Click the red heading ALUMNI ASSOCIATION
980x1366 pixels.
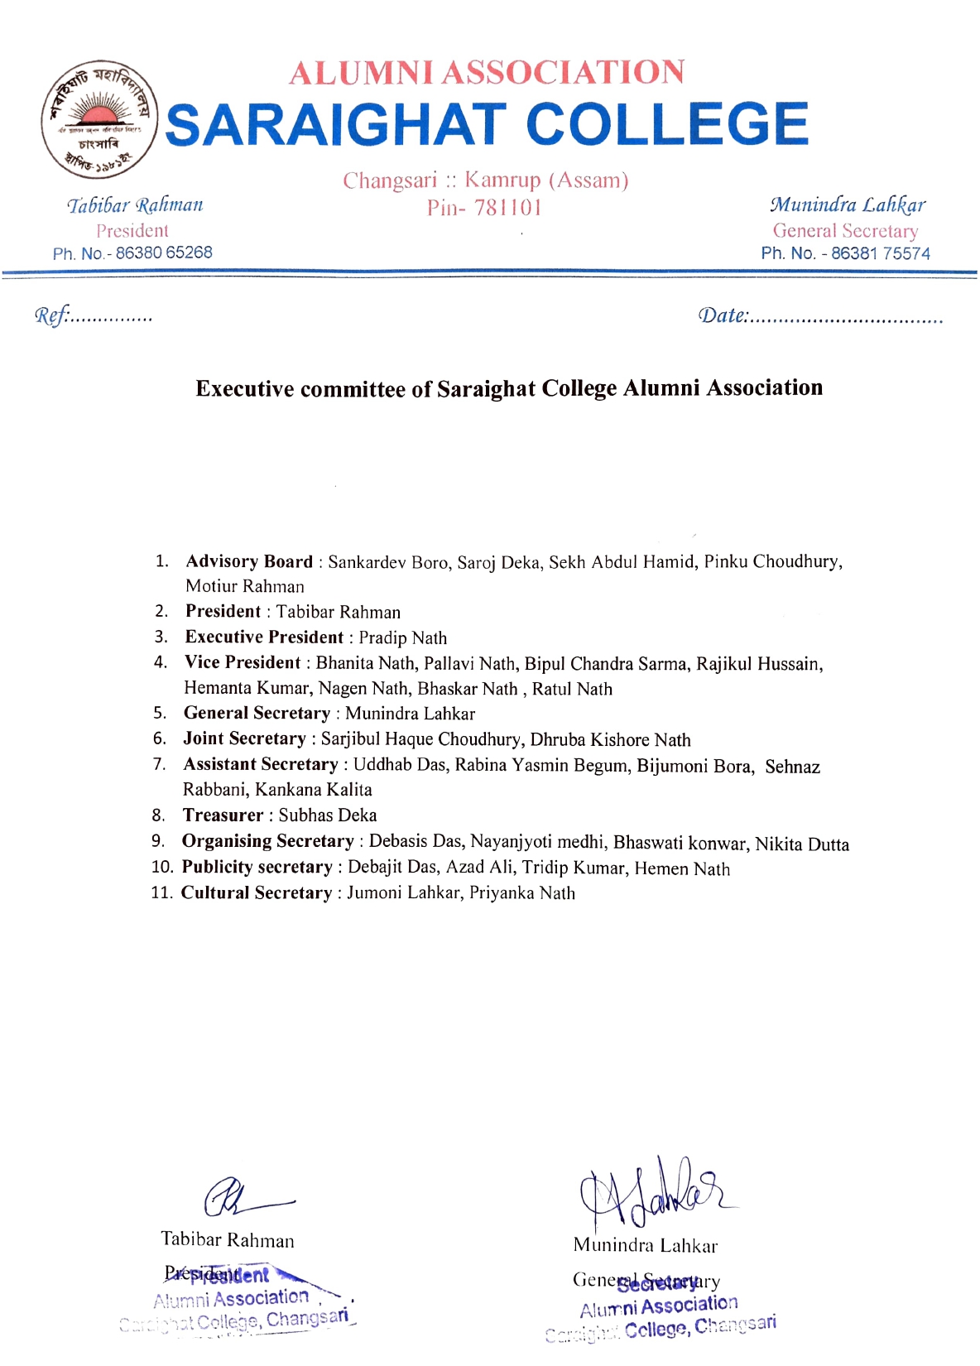(x=487, y=73)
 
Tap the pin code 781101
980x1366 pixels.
(x=507, y=208)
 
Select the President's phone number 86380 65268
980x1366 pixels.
(x=164, y=253)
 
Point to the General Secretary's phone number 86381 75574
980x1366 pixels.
(x=880, y=253)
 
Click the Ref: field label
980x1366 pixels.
(x=51, y=315)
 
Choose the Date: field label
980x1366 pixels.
(x=723, y=315)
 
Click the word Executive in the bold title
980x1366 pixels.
(x=244, y=389)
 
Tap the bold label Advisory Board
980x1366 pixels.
(x=249, y=561)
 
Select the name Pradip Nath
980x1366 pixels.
(x=402, y=637)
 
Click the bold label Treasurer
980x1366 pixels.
(x=223, y=815)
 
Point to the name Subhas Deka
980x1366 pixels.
(x=327, y=815)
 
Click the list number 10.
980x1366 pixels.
(x=161, y=867)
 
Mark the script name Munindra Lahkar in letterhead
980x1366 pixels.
(x=847, y=204)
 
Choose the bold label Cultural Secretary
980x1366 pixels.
(x=257, y=892)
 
